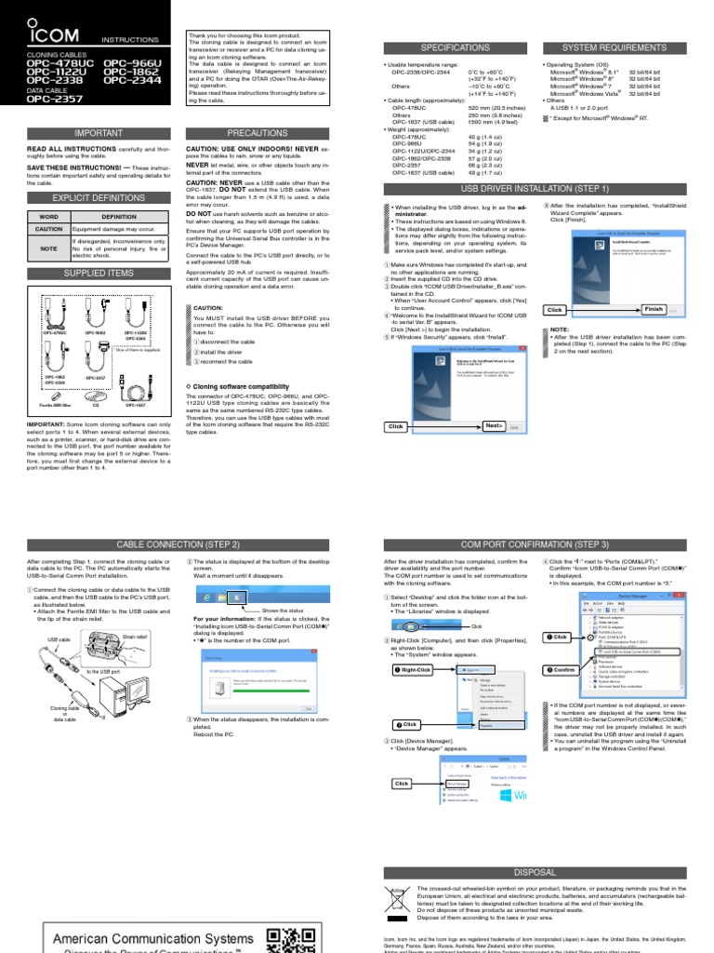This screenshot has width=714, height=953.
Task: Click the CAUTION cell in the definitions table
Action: (48, 228)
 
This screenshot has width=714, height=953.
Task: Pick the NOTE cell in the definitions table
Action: (48, 248)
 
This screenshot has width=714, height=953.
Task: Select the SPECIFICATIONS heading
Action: (455, 47)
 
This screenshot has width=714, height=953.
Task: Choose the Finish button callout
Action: (654, 309)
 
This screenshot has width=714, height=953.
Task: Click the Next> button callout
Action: (495, 425)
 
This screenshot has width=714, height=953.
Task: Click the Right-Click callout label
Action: (416, 669)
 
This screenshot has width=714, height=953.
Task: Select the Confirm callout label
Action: (561, 669)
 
